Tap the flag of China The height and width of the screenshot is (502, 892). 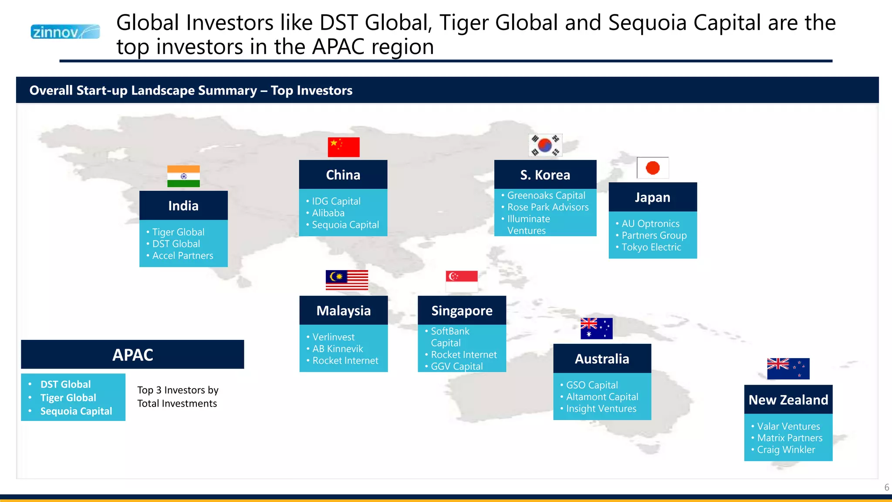pyautogui.click(x=344, y=147)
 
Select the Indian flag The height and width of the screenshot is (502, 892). pyautogui.click(x=183, y=176)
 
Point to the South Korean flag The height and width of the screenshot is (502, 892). pyautogui.click(x=545, y=145)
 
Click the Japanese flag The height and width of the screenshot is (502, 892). pyautogui.click(x=652, y=168)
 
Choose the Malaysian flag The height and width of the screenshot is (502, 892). pyautogui.click(x=347, y=280)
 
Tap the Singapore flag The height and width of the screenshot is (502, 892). pyautogui.click(x=462, y=281)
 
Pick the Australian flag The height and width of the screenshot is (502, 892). pyautogui.click(x=596, y=329)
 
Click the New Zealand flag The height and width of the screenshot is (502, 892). pyautogui.click(x=788, y=369)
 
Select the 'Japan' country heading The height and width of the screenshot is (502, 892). pyautogui.click(x=652, y=197)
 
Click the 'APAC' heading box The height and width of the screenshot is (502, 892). pyautogui.click(x=132, y=355)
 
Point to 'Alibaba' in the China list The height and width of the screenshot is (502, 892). pyautogui.click(x=328, y=213)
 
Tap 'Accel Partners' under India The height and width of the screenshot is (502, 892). pyautogui.click(x=182, y=256)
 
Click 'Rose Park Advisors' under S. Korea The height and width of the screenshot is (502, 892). pyautogui.click(x=547, y=207)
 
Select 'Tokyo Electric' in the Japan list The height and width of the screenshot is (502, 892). pyautogui.click(x=651, y=248)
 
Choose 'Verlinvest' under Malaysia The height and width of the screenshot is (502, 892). pyautogui.click(x=333, y=337)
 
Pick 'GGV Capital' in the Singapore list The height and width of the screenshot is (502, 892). pyautogui.click(x=456, y=366)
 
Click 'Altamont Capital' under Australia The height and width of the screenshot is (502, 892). pyautogui.click(x=602, y=397)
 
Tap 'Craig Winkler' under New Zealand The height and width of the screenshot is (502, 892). pyautogui.click(x=786, y=450)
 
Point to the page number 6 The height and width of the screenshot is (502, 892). pyautogui.click(x=886, y=488)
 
